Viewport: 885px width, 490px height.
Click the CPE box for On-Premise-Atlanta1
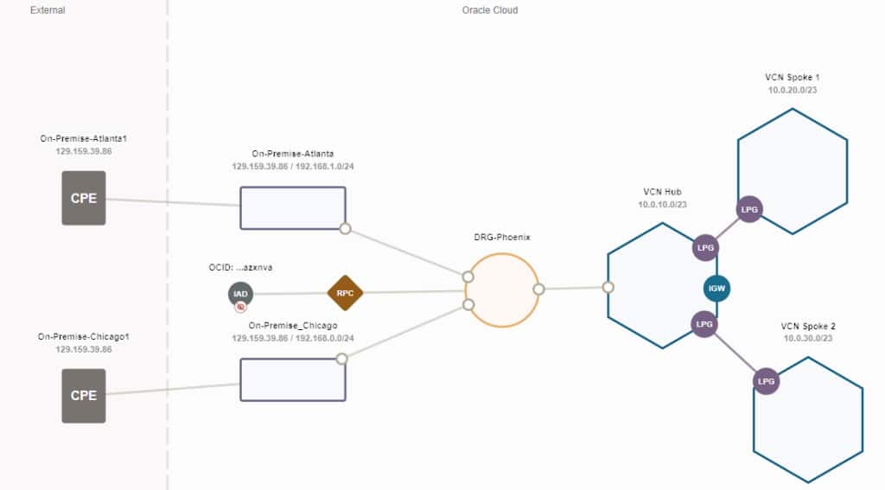coord(84,198)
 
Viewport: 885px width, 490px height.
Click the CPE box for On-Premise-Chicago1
coord(84,396)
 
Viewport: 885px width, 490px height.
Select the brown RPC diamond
coord(345,293)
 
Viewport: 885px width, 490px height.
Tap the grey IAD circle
coord(241,294)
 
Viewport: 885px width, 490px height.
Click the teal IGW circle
coord(716,288)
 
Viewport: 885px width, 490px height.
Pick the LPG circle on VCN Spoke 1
coord(749,210)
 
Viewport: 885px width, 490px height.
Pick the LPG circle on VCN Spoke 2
coord(766,381)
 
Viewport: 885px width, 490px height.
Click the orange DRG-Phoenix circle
coord(502,290)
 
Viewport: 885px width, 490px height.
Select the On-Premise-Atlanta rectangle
coord(292,207)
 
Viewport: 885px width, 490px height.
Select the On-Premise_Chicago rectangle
coord(292,379)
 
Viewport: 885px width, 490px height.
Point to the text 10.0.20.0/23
coord(792,91)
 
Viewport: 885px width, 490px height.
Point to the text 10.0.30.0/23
coord(808,339)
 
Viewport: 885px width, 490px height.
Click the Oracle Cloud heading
coord(490,10)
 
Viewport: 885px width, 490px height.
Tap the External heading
coord(48,10)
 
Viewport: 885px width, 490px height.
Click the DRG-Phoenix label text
coord(502,237)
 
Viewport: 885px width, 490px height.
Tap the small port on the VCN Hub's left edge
coord(608,288)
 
